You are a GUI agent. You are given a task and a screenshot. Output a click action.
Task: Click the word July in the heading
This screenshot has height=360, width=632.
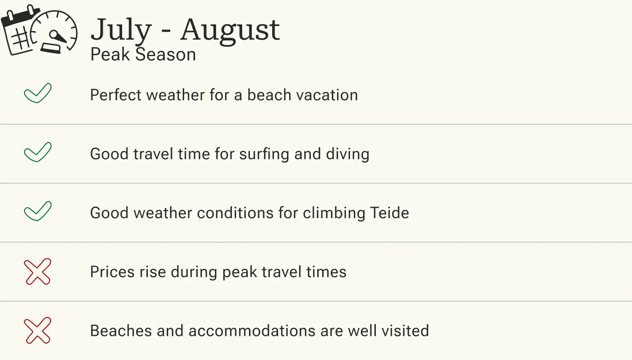point(121,30)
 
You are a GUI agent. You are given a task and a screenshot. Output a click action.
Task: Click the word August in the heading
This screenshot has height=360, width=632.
point(230,30)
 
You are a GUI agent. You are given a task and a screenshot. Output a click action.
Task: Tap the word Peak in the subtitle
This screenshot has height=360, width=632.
point(110,55)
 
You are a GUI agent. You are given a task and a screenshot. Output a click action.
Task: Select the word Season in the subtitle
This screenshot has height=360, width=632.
point(166,55)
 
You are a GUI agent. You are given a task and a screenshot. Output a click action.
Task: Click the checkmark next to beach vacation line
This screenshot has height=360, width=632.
point(37,93)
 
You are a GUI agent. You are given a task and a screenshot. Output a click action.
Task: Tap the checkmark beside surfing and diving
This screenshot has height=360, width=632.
point(37,152)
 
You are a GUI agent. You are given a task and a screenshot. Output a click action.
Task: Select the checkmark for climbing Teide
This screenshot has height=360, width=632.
point(37,211)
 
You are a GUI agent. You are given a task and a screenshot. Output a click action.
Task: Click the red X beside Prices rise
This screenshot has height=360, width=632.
point(37,271)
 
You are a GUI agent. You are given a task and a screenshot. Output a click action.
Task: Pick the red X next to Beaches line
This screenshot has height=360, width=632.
point(37,330)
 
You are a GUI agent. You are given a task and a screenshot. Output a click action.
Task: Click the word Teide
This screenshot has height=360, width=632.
point(390,213)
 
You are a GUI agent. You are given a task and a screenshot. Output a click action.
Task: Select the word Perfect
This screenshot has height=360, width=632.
point(115,95)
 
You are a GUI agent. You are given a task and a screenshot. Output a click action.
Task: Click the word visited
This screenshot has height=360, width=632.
point(405,331)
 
